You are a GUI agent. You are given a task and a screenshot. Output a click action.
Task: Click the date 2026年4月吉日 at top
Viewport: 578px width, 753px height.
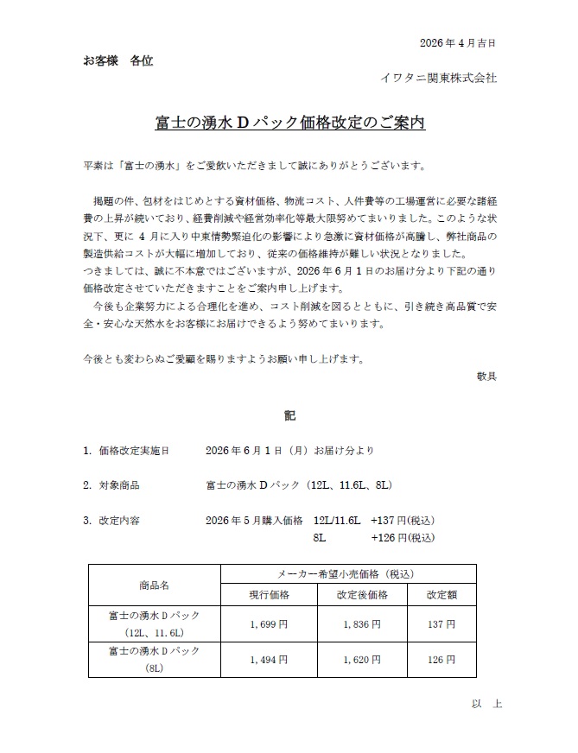point(457,42)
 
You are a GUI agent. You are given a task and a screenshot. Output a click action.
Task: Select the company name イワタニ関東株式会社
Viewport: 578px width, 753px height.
point(439,78)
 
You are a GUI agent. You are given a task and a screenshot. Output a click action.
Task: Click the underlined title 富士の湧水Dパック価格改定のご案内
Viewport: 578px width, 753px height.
point(289,123)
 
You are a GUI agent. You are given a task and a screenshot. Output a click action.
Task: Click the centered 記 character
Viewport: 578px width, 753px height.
point(289,416)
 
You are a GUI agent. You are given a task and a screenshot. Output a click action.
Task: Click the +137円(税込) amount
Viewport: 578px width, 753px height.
point(402,520)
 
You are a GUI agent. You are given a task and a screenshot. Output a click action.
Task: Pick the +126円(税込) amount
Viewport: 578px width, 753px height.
point(402,537)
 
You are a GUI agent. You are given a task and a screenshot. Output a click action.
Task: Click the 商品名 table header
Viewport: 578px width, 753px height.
point(155,585)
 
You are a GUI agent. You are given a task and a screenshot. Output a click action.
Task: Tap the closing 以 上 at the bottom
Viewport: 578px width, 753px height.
point(486,704)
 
